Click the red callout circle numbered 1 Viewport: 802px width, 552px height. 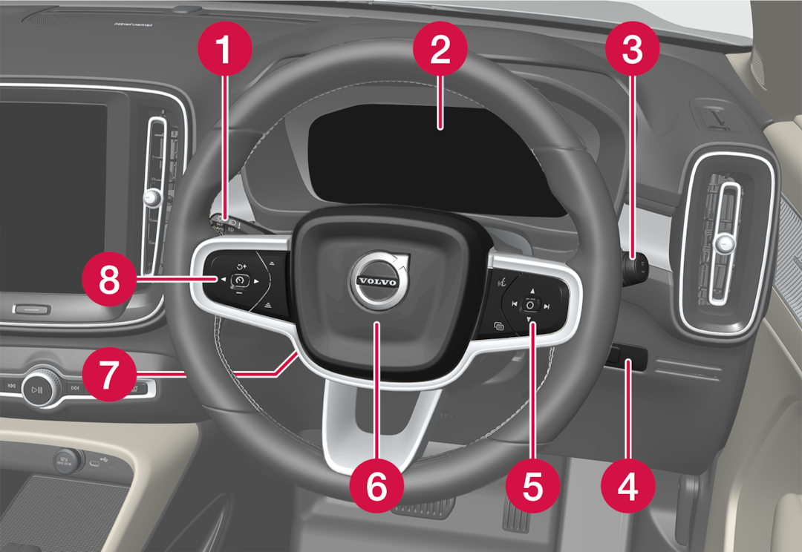coord(224,50)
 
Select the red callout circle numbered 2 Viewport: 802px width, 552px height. coord(440,50)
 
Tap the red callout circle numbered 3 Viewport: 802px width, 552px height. coord(632,50)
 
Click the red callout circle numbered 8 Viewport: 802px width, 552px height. coord(109,280)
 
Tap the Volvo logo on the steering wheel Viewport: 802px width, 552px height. coord(377,282)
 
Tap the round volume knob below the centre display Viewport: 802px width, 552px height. coord(36,388)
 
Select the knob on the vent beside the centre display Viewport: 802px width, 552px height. coord(152,197)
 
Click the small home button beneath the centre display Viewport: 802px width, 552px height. coord(30,309)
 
